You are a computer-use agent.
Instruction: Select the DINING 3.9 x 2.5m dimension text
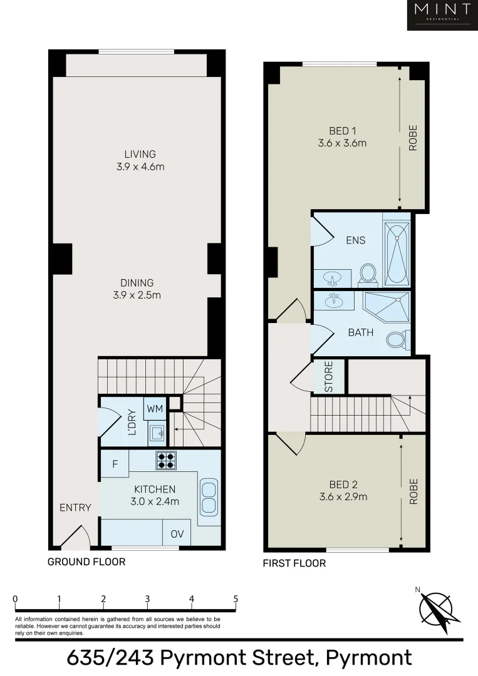[137, 295]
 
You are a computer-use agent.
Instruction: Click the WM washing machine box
[154, 409]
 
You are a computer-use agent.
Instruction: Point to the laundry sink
[157, 432]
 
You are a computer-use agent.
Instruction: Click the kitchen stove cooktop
[166, 460]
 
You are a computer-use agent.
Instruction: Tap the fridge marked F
[115, 464]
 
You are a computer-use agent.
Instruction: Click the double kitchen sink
[209, 495]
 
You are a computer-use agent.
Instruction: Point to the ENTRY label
[75, 508]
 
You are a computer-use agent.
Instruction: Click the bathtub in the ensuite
[396, 253]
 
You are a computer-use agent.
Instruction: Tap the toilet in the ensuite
[368, 273]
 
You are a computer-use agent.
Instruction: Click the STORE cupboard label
[329, 377]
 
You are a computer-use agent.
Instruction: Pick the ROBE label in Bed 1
[413, 139]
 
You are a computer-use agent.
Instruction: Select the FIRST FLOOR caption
[294, 563]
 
